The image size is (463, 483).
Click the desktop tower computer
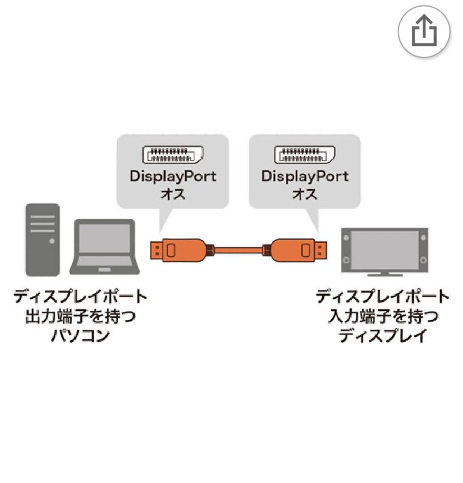(x=42, y=240)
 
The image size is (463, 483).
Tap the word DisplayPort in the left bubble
(x=173, y=176)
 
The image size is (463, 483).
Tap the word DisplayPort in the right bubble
(x=305, y=176)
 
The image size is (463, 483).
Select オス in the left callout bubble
(x=173, y=195)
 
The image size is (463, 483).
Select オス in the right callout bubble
(x=305, y=195)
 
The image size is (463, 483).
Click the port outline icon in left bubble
(x=173, y=155)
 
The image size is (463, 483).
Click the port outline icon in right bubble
(x=304, y=155)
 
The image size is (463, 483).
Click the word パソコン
(x=81, y=335)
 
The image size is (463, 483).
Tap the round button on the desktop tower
(x=52, y=241)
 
